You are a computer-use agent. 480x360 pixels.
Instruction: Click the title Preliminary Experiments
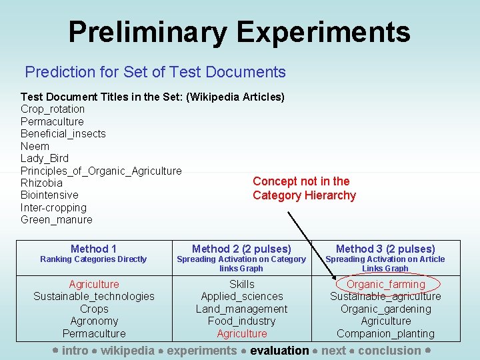click(x=239, y=31)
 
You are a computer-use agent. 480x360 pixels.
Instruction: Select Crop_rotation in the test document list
click(x=53, y=109)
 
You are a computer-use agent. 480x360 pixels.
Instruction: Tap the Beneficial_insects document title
click(x=63, y=133)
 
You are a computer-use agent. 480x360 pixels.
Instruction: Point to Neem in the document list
click(x=35, y=146)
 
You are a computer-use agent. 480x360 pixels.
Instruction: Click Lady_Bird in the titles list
click(x=45, y=158)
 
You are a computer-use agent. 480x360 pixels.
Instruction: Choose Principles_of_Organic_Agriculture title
click(x=101, y=171)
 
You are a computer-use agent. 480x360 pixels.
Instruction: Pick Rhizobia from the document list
click(x=41, y=183)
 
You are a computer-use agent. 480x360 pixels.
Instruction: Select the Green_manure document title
click(x=57, y=219)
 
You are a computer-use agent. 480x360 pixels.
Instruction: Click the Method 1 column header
click(x=93, y=249)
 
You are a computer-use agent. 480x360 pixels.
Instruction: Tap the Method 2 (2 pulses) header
click(x=241, y=249)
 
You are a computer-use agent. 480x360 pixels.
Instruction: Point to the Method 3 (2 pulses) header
click(x=385, y=249)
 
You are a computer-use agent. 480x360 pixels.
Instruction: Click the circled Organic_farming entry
click(x=385, y=284)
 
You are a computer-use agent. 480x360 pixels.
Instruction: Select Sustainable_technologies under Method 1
click(x=94, y=296)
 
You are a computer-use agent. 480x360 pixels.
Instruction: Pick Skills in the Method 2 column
click(x=242, y=284)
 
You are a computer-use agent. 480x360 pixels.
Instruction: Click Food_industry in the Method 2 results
click(x=242, y=321)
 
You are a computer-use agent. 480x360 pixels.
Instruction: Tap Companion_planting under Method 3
click(x=385, y=333)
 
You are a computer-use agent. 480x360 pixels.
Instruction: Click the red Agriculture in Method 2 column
click(x=242, y=333)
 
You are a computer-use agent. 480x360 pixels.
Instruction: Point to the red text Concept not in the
click(x=301, y=181)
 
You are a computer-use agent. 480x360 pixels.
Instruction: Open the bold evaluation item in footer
click(x=279, y=350)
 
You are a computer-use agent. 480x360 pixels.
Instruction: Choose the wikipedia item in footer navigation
click(x=127, y=350)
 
